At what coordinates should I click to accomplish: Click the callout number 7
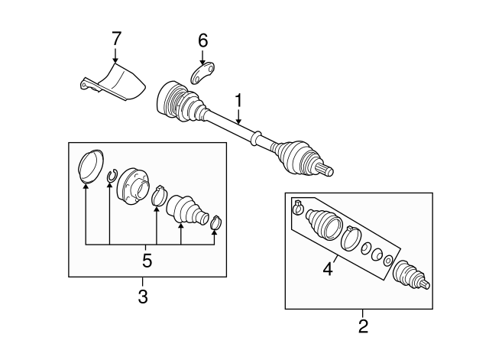pos(115,39)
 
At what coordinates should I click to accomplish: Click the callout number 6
pos(203,41)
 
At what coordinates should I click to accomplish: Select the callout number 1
pos(238,100)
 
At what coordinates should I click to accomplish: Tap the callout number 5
pos(147,260)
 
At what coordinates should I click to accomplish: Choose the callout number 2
pos(363,326)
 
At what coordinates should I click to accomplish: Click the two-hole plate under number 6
pos(203,73)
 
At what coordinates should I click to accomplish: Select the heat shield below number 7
pos(113,83)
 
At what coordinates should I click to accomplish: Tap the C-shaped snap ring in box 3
pos(112,176)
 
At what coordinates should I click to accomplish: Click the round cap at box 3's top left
pos(90,165)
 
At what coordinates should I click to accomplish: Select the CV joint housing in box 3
pos(132,186)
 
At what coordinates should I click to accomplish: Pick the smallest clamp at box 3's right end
pos(215,222)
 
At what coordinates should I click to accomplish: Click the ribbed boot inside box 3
pos(187,209)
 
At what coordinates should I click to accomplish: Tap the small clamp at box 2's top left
pos(297,207)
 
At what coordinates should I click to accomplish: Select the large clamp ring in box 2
pos(351,238)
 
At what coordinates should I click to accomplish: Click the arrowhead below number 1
pos(238,122)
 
